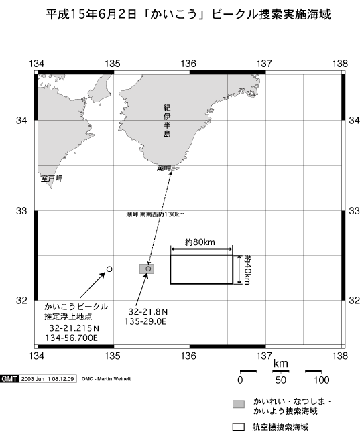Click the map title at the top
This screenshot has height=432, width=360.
click(x=188, y=14)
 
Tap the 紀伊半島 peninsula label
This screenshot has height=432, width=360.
click(x=167, y=121)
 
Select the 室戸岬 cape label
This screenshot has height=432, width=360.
click(x=52, y=178)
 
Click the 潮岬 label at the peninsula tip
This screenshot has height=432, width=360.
click(x=164, y=168)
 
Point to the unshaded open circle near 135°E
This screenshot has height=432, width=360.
click(x=109, y=269)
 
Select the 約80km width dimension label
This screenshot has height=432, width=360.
click(x=200, y=242)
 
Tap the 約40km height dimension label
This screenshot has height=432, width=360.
click(x=247, y=270)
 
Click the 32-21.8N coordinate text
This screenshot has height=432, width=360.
click(x=148, y=312)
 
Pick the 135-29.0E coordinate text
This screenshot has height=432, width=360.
click(x=145, y=321)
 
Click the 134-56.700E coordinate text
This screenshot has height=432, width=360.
click(x=72, y=338)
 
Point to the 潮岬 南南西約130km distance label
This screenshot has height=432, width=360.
click(x=156, y=214)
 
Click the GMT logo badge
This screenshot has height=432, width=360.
click(x=9, y=379)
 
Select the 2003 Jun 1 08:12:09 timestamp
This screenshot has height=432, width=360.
click(x=48, y=379)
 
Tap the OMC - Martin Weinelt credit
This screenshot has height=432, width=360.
click(x=106, y=379)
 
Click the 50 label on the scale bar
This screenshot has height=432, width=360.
click(x=280, y=380)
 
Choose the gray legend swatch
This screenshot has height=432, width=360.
click(x=239, y=404)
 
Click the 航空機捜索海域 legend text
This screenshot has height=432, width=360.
click(x=280, y=427)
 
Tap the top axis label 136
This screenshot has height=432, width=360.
click(x=188, y=64)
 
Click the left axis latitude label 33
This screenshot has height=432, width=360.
click(x=21, y=211)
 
